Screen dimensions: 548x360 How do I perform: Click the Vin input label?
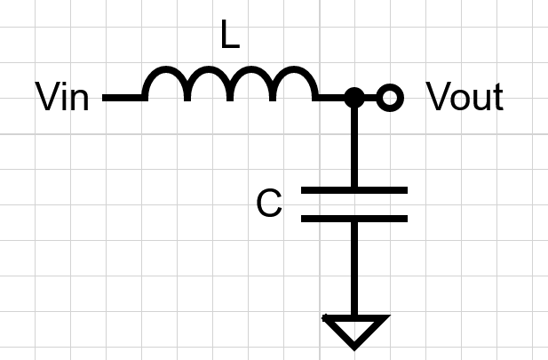62,97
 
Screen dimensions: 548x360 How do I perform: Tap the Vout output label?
465,97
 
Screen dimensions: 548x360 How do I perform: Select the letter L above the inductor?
228,36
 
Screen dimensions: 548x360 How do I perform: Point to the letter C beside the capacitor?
268,204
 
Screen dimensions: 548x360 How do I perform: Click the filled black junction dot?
353,97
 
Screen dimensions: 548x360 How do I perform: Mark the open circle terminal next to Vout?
388,97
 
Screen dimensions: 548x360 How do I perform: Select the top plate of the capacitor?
353,189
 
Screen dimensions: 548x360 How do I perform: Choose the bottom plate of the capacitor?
353,218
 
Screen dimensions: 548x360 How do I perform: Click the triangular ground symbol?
353,329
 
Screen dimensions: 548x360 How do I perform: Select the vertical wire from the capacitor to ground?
353,267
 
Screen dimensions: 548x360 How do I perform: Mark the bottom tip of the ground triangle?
353,346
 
